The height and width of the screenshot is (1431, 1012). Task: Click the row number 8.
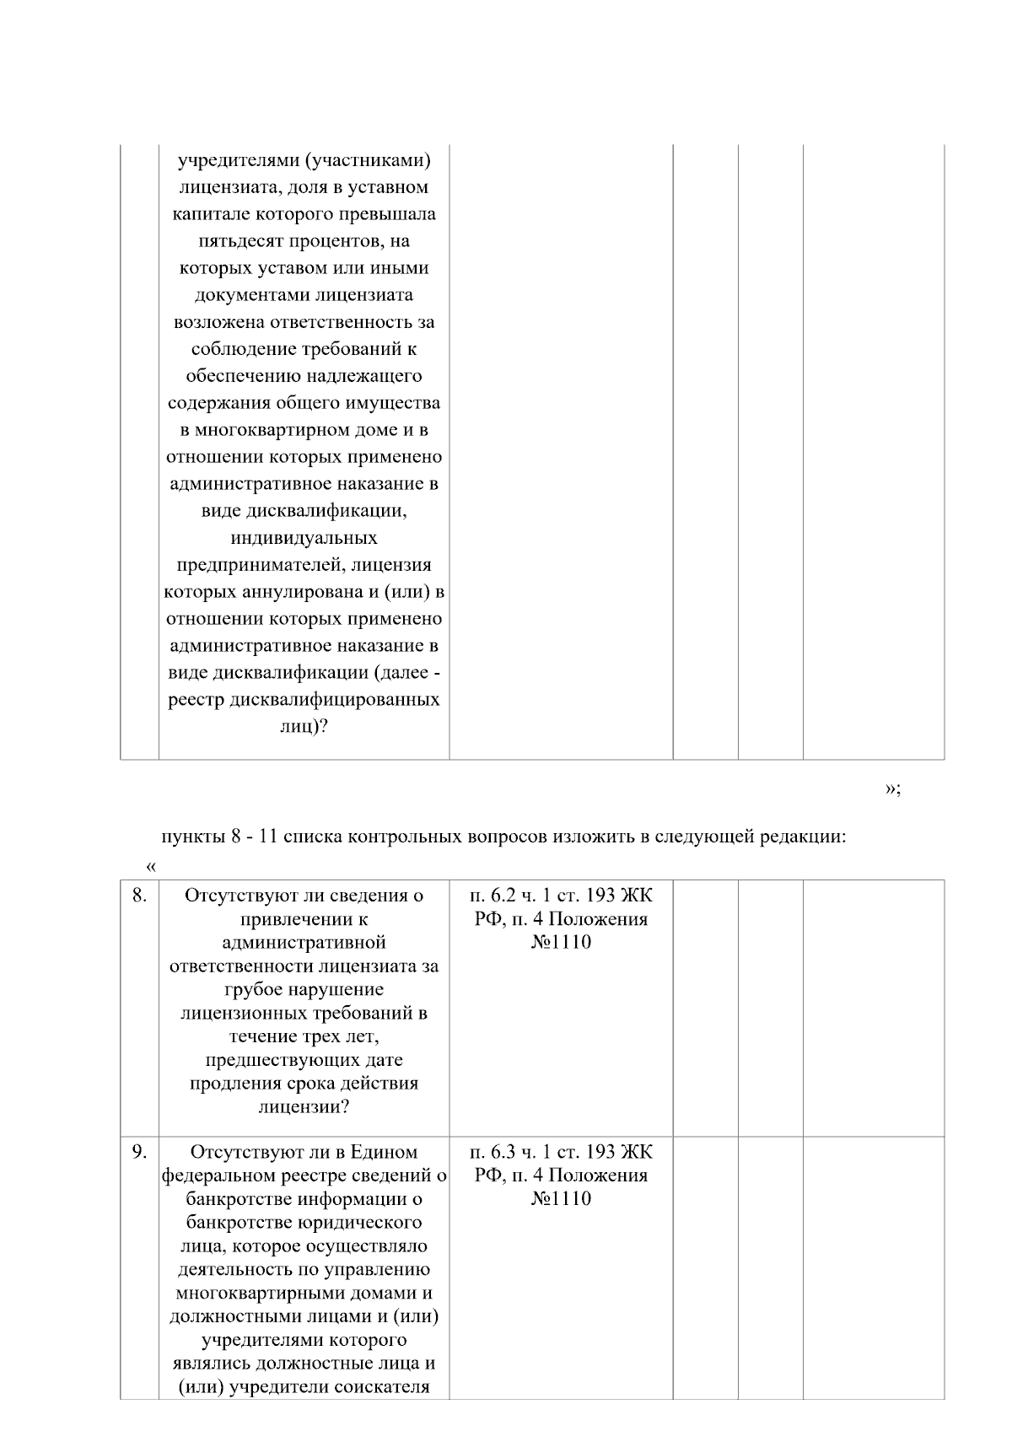pyautogui.click(x=139, y=896)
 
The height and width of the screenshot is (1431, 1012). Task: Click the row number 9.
pyautogui.click(x=139, y=1152)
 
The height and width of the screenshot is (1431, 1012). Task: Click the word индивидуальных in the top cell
pyautogui.click(x=304, y=538)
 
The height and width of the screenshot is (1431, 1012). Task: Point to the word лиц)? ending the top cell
pyautogui.click(x=304, y=727)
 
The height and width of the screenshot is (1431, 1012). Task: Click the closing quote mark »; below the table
pyautogui.click(x=893, y=788)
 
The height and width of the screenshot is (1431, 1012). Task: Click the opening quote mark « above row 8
pyautogui.click(x=151, y=867)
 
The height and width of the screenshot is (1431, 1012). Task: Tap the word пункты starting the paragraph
pyautogui.click(x=191, y=838)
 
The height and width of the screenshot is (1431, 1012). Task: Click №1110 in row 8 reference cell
pyautogui.click(x=561, y=943)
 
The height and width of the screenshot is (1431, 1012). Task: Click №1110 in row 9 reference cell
pyautogui.click(x=561, y=1199)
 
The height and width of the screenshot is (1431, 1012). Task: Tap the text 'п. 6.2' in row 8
pyautogui.click(x=496, y=896)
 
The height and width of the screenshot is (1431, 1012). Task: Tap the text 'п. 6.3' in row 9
pyautogui.click(x=496, y=1152)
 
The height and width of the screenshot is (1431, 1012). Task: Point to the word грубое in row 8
pyautogui.click(x=254, y=990)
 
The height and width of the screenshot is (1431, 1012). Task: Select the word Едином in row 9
pyautogui.click(x=384, y=1152)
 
